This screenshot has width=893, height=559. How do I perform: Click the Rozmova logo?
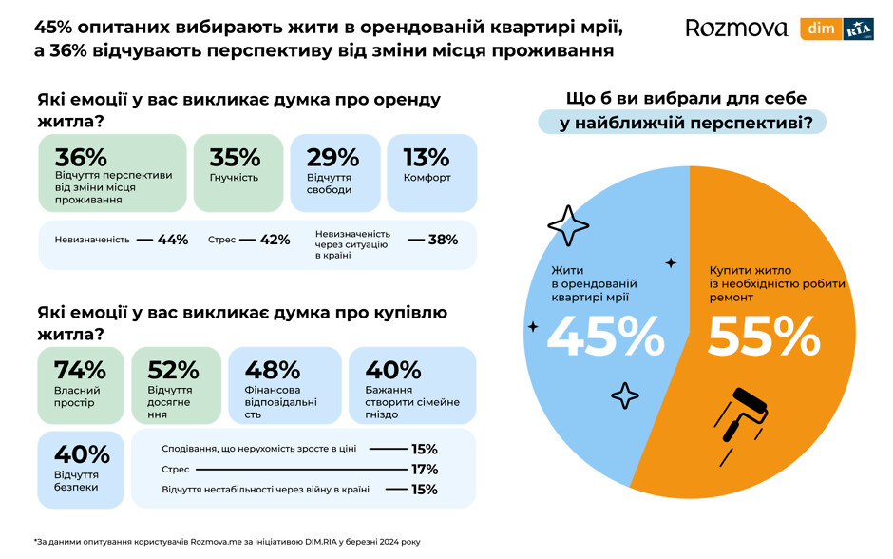736,29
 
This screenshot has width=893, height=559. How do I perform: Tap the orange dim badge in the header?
821,29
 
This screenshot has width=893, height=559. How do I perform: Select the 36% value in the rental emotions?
81,158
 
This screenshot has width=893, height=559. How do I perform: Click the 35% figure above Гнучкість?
235,158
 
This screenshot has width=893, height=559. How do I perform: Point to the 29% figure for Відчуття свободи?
332,158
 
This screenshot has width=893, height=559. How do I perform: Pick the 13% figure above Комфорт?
427,158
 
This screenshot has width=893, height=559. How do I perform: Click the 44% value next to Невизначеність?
173,240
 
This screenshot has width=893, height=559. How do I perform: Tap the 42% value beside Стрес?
275,240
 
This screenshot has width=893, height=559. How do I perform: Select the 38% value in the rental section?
443,240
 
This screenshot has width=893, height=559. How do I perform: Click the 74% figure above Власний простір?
80,370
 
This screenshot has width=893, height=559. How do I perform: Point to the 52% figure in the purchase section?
174,370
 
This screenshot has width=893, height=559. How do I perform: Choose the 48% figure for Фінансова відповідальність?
273,370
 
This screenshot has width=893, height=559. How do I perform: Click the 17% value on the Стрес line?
424,469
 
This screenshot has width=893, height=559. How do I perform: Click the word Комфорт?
427,178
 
